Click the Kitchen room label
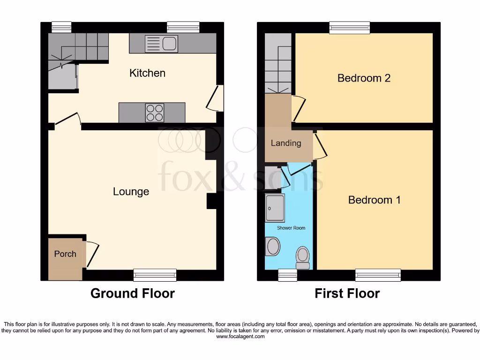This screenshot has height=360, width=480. (147, 73)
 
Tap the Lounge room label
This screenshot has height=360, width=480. (131, 191)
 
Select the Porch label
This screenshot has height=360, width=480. (65, 254)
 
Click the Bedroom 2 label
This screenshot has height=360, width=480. (364, 78)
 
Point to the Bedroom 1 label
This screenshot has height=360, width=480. (374, 200)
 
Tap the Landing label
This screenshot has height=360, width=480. (285, 143)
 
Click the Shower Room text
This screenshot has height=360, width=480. (291, 228)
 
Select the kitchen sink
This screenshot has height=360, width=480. (161, 44)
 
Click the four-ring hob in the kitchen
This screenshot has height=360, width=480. (155, 112)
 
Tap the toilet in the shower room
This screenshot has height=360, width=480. (303, 257)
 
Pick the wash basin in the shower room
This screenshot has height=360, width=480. (272, 247)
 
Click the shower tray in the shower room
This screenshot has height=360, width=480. (275, 208)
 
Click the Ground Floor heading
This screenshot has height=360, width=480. (132, 293)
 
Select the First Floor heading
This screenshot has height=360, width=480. (347, 293)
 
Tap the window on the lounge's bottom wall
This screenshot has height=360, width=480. (155, 275)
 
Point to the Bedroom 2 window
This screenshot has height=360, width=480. (349, 28)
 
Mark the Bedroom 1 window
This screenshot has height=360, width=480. (378, 275)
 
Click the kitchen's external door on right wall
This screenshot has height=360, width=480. (218, 98)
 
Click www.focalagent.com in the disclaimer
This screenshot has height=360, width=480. (240, 337)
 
